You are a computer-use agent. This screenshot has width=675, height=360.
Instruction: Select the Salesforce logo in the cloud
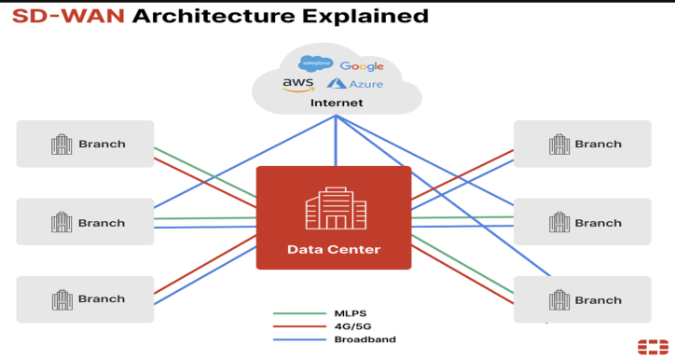[x=315, y=63]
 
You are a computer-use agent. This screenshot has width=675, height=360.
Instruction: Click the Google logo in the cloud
[x=362, y=66]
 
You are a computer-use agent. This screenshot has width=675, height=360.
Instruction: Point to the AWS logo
[x=297, y=85]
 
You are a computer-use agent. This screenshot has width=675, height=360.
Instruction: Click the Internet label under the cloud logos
[x=337, y=103]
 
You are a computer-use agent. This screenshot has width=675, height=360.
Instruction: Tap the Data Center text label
[x=333, y=249]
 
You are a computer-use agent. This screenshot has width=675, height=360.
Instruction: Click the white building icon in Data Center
[x=335, y=208]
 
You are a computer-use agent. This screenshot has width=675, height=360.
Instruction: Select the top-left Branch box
[x=85, y=144]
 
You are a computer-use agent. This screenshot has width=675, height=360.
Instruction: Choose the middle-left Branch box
[x=85, y=222]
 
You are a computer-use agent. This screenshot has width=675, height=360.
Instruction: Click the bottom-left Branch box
[x=85, y=299]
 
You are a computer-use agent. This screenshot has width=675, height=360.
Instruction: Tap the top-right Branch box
[x=583, y=144]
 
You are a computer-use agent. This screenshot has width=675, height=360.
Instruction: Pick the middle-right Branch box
[x=583, y=222]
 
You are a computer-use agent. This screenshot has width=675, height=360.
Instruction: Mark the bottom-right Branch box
[x=583, y=299]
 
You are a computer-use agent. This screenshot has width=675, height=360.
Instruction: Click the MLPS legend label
[x=351, y=314]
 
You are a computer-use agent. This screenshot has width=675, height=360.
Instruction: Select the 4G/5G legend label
[x=353, y=326]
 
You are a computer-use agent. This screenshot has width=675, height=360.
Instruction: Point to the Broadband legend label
[x=365, y=339]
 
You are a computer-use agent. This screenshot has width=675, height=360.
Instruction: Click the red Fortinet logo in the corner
[x=653, y=346]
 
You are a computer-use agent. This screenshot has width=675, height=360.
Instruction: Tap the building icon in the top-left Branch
[x=62, y=144]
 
